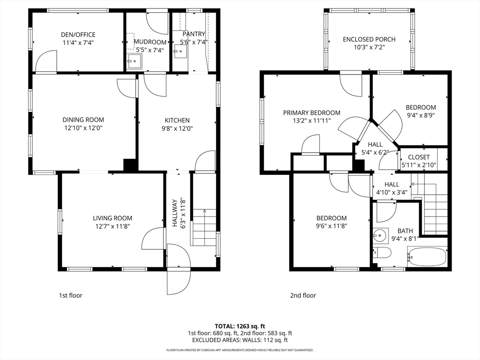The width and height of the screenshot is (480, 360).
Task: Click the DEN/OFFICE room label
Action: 78,35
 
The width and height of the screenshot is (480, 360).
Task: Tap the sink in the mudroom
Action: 134,61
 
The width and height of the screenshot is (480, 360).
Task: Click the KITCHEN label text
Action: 177,120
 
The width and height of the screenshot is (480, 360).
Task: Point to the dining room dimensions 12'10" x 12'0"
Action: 83,128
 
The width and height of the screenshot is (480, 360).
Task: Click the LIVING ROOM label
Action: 112,218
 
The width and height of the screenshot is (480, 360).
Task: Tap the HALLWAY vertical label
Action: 175,213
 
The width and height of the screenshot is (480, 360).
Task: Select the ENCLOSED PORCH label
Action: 369,39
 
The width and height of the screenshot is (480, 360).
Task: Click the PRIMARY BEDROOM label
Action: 312,112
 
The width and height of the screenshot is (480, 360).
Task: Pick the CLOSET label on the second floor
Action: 419,157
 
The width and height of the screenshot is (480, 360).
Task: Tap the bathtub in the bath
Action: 427,256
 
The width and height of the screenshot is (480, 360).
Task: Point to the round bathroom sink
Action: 381,235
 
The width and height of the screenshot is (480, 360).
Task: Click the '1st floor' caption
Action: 70,295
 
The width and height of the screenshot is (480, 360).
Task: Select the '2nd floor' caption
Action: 303,295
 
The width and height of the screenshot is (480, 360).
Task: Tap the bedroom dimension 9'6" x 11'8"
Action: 331,226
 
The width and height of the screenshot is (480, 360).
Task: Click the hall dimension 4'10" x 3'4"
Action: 392,193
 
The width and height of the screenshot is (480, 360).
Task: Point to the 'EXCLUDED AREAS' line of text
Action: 240,340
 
